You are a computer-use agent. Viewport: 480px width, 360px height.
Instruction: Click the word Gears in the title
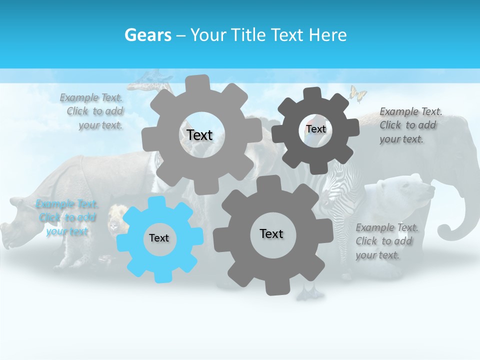148,35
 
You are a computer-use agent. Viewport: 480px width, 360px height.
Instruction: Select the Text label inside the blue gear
159,238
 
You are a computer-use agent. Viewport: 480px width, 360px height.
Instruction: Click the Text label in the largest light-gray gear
199,135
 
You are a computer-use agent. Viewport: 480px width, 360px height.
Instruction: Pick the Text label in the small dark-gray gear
315,129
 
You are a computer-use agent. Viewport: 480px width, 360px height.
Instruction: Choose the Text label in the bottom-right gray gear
271,233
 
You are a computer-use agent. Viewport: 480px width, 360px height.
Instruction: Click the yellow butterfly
357,93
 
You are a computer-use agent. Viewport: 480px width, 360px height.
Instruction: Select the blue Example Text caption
66,217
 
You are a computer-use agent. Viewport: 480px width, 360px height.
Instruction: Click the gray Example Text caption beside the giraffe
93,111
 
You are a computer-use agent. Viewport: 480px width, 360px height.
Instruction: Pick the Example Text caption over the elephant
410,125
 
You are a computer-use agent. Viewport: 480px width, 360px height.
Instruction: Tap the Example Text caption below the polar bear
386,241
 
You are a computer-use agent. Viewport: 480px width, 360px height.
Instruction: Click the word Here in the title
328,35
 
